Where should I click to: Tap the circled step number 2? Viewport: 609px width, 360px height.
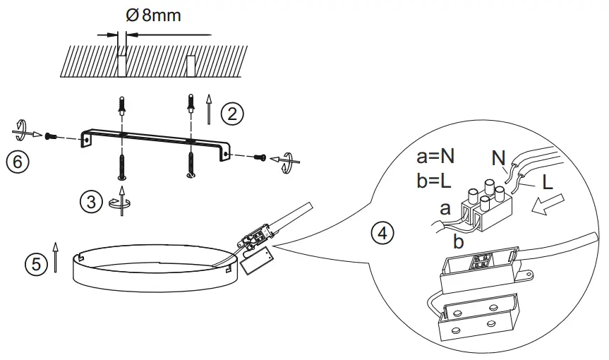coord(231,113)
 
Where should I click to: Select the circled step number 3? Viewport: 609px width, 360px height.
coord(90,201)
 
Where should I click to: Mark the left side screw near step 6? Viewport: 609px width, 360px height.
coord(50,136)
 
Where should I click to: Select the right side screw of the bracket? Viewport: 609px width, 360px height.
coord(260,157)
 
